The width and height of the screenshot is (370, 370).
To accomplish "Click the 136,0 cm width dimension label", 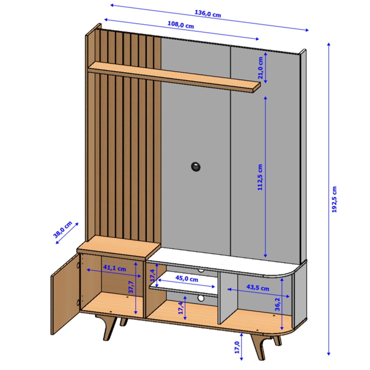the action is point(208,14).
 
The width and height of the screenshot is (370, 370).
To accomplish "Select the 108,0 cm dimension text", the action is point(181,25).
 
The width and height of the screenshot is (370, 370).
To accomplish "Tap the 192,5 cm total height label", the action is point(334,199).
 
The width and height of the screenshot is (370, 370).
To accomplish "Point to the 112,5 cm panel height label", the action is point(260,177).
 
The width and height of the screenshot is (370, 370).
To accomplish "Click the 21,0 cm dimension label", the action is point(260,68).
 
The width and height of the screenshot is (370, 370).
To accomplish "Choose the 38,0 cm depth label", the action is point(63,230).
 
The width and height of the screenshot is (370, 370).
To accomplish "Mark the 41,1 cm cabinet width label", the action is point(115,268).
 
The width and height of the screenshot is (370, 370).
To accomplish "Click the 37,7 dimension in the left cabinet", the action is point(131,287).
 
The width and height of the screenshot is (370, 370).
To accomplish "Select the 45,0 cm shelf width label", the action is point(187,279).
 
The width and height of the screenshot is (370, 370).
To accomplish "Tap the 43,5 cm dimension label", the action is point(258,287).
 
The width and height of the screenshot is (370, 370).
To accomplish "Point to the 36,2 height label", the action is point(277,304).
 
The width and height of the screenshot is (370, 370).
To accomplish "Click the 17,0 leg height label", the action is point(237,347).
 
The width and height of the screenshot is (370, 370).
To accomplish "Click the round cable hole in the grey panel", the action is point(196,167).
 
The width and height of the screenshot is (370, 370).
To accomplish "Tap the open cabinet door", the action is point(65,294).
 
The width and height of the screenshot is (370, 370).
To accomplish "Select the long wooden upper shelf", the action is point(174,77).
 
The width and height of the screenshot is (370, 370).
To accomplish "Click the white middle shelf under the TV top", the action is point(184,283).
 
